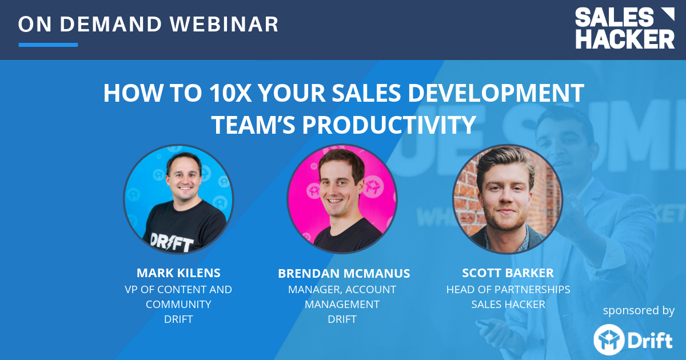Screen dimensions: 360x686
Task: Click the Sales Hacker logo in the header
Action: [x=625, y=29]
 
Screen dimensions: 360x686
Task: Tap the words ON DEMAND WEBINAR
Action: [x=149, y=24]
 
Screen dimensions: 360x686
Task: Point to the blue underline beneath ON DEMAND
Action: [x=48, y=45]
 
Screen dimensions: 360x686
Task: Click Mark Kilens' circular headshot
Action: [x=178, y=199]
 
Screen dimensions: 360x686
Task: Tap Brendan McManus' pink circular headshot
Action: [x=342, y=199]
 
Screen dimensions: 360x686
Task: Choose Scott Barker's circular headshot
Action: [x=508, y=199]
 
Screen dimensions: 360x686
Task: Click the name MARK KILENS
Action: [x=178, y=273]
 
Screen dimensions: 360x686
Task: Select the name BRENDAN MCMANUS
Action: [x=344, y=274]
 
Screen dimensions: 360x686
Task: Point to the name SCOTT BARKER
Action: [x=508, y=273]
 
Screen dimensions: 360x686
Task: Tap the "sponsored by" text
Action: [x=639, y=310]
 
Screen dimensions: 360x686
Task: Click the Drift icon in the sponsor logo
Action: [x=607, y=339]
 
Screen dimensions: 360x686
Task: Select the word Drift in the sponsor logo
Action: [x=651, y=341]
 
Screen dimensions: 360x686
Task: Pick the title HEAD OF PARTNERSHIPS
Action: [x=508, y=289]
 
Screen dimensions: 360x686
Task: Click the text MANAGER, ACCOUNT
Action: [x=342, y=290]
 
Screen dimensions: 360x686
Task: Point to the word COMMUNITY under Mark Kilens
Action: [x=178, y=304]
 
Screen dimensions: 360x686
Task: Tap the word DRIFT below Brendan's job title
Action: [x=342, y=319]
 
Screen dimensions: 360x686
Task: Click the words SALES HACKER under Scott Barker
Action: [x=508, y=304]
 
